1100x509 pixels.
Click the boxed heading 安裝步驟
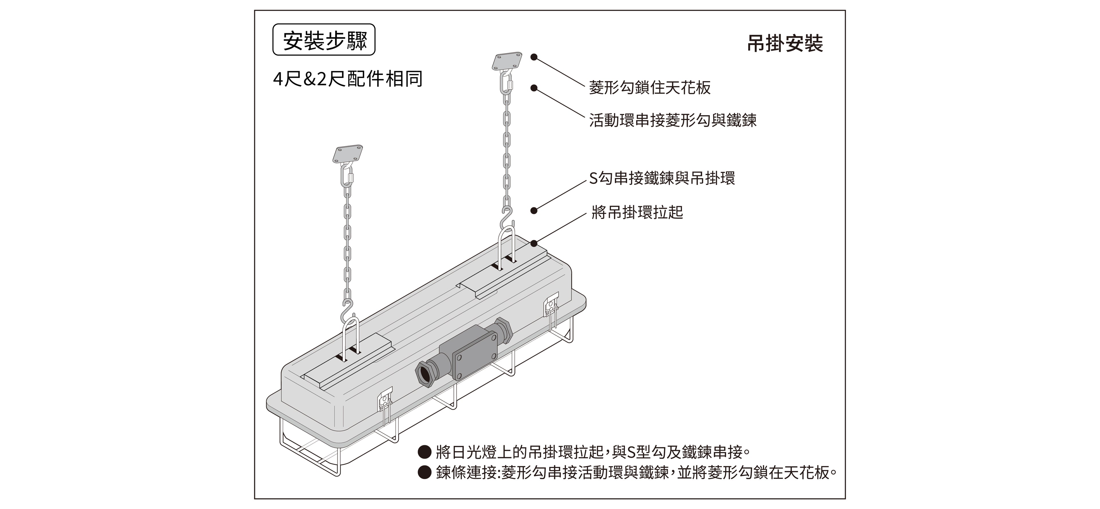click(x=324, y=40)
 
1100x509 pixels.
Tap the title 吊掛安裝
click(x=785, y=44)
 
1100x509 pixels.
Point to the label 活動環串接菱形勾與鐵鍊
click(x=673, y=120)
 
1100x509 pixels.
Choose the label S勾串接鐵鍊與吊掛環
click(x=662, y=178)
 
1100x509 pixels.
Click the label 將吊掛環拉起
click(x=637, y=212)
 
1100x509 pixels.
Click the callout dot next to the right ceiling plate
click(x=534, y=57)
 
